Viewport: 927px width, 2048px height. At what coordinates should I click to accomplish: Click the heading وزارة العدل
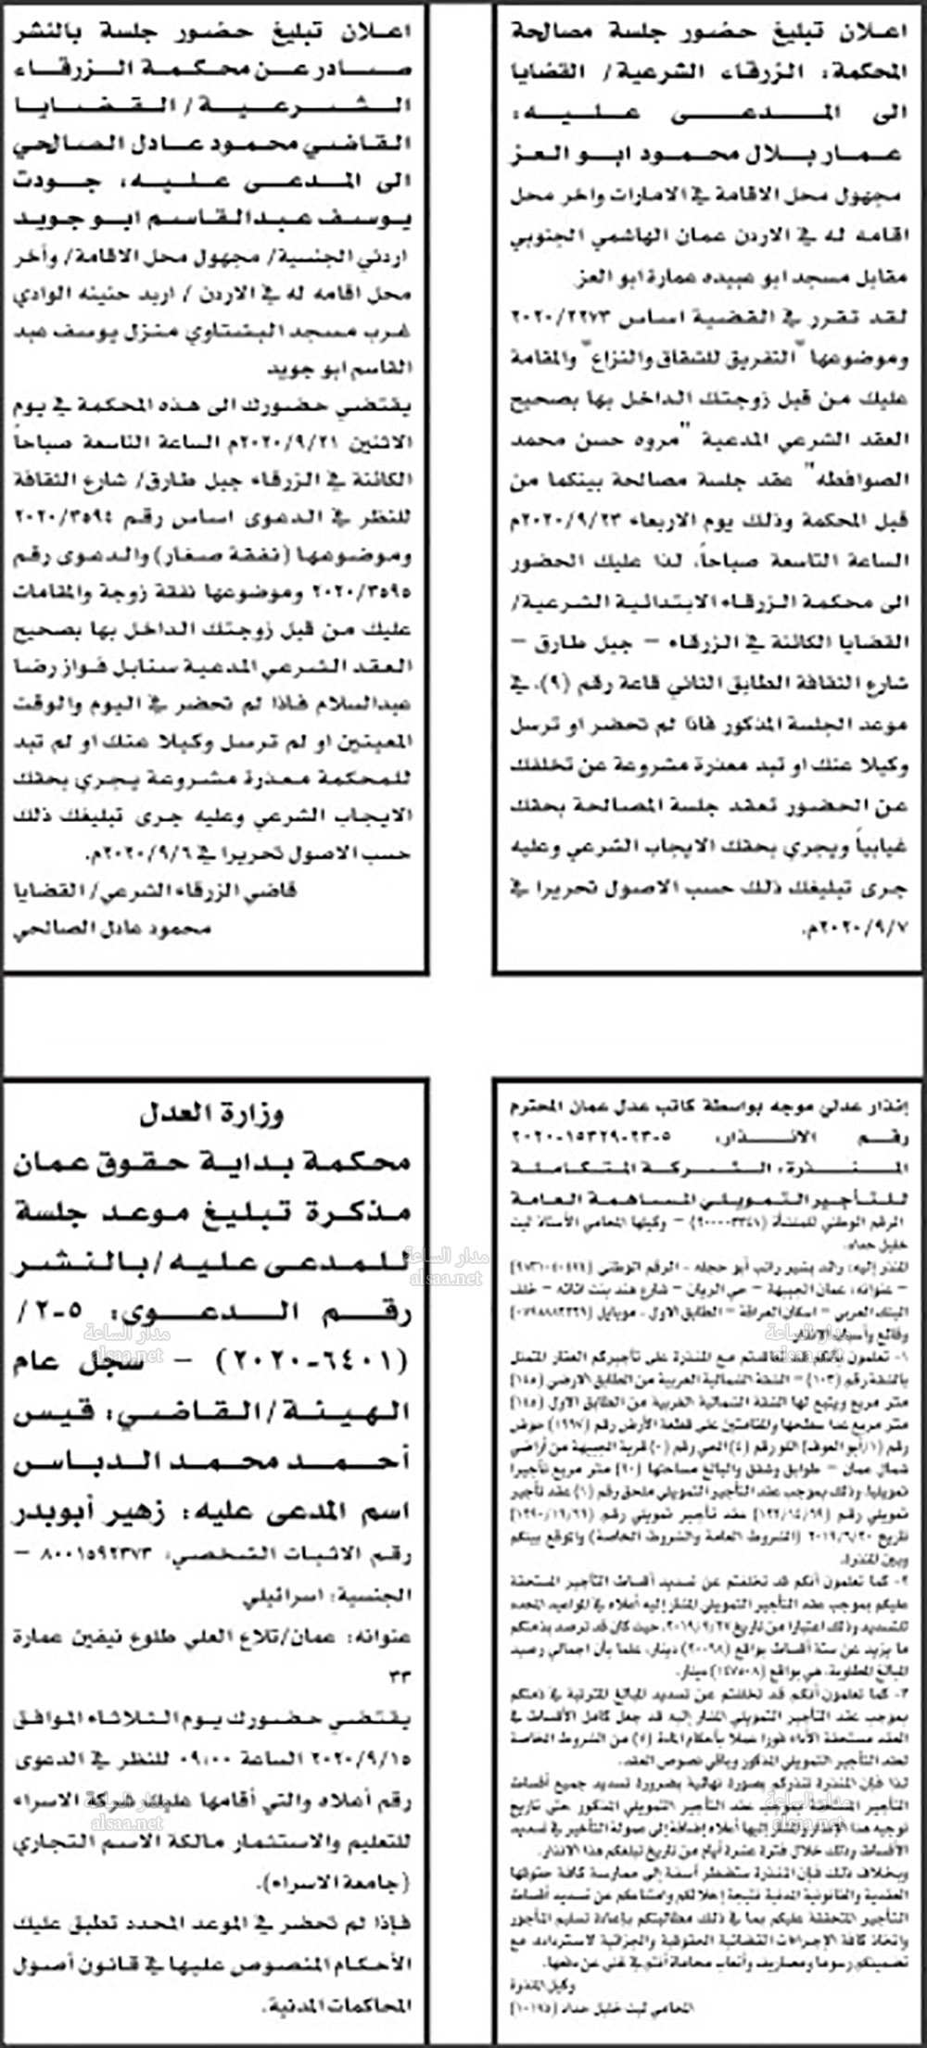coord(212,1113)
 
